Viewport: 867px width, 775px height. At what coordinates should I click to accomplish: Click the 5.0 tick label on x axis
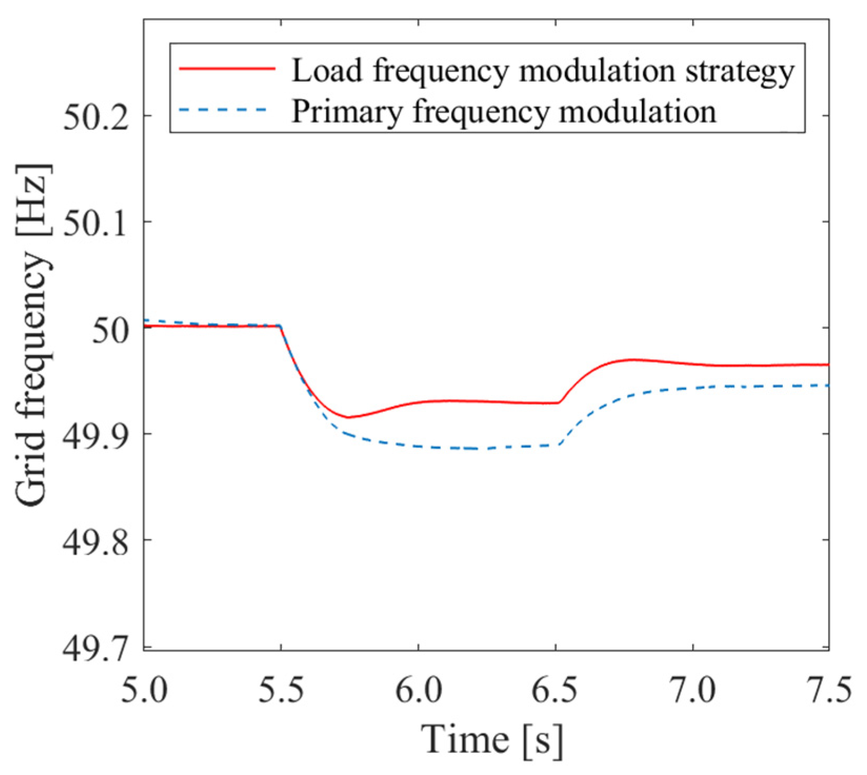144,690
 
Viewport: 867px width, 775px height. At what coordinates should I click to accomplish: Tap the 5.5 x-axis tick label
281,690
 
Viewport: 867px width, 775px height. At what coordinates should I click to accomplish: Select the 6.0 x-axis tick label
418,690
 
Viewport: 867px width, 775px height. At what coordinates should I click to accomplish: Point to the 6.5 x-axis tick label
555,690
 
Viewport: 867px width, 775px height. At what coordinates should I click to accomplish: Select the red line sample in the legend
227,68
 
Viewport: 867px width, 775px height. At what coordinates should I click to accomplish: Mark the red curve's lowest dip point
348,417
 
